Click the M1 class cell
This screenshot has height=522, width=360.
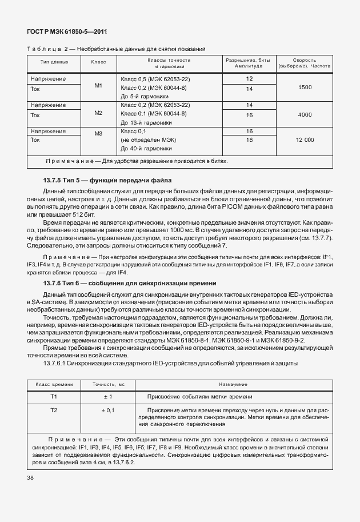coord(98,86)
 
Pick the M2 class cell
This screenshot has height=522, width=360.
coord(98,113)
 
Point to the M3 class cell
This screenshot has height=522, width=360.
coord(98,134)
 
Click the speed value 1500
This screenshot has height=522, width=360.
coord(305,87)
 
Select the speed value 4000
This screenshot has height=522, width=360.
coord(305,114)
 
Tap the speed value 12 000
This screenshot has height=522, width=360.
coord(305,140)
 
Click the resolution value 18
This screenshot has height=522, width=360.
coord(249,140)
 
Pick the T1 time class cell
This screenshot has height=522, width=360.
coord(54,396)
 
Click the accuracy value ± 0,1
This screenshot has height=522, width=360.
coord(107,410)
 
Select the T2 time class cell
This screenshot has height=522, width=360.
coord(54,410)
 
